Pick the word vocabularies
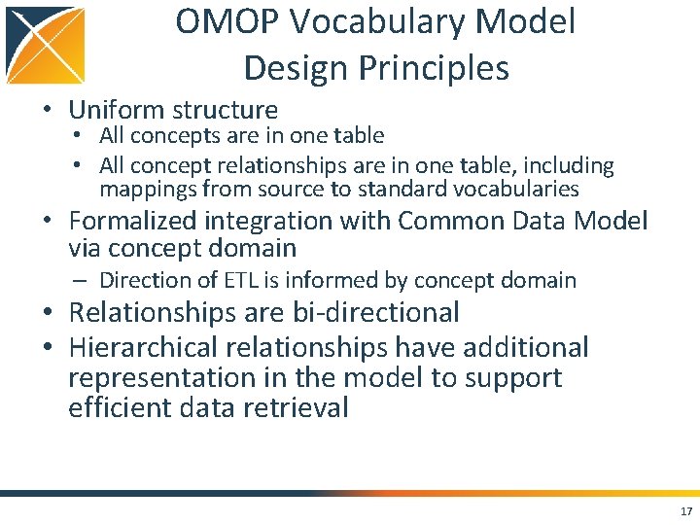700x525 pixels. click(x=516, y=189)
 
